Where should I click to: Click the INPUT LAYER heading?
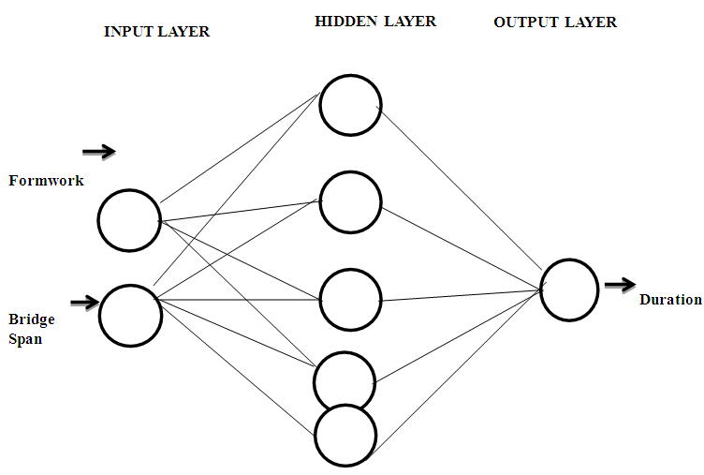coord(156,31)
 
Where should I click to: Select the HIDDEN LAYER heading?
coord(375,21)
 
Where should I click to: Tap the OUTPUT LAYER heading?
coord(555,22)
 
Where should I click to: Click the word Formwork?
coord(46,181)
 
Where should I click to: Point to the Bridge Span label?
coord(32,329)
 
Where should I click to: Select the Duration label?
coord(670,300)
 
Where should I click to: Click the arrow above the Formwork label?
coord(98,151)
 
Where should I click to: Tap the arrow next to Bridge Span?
coord(84,302)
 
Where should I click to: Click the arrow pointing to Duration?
coord(620,284)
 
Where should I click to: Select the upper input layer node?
coord(129,220)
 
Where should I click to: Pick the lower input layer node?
coord(130,315)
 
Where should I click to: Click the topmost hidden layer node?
coord(350,105)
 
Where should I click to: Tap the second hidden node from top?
coord(350,201)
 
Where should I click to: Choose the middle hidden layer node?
coord(350,300)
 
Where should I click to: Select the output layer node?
coord(569,289)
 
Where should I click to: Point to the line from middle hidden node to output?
coord(459,296)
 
